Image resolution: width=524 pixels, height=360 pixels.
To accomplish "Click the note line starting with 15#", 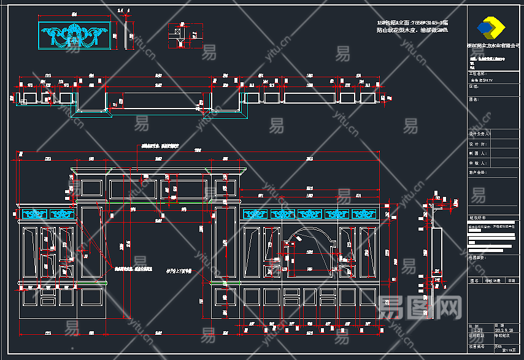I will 412,23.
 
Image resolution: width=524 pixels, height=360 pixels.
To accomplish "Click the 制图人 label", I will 477,153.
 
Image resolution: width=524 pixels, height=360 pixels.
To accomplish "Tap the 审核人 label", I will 477,163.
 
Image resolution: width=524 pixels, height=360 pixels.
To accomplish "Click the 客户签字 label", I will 477,173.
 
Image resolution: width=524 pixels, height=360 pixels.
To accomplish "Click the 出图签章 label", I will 477,258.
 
